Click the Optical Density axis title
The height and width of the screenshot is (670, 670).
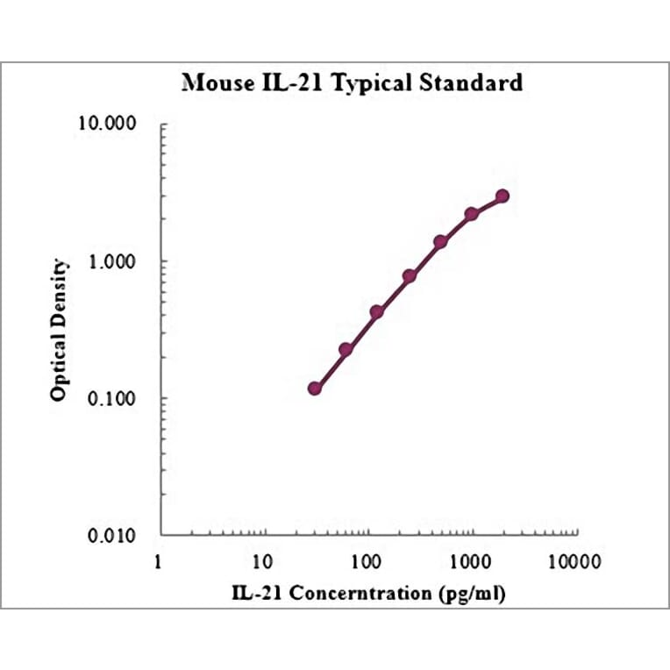(58, 330)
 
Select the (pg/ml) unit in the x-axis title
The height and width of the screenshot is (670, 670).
(472, 593)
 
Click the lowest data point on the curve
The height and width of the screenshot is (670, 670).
(315, 388)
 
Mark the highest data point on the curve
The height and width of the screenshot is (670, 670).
(502, 196)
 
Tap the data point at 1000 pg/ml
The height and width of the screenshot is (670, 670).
(471, 214)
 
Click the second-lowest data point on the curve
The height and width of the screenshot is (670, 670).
(346, 349)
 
